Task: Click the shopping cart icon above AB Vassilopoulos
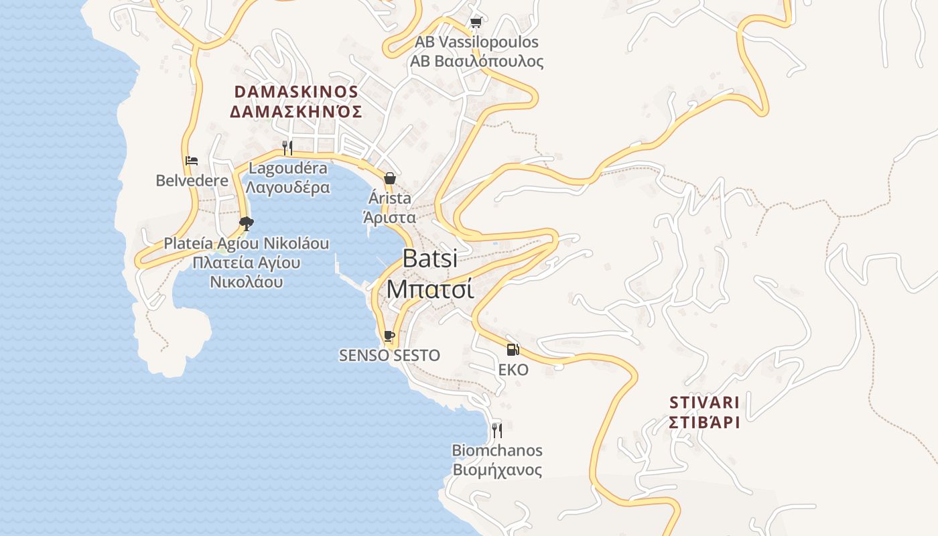click(x=476, y=23)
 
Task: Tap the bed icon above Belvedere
click(x=191, y=161)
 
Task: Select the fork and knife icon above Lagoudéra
click(x=287, y=147)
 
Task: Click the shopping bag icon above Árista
click(x=389, y=178)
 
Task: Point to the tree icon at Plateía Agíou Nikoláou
click(x=247, y=223)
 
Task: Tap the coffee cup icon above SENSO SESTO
click(x=389, y=336)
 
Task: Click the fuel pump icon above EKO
click(x=513, y=350)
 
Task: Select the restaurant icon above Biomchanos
click(x=496, y=429)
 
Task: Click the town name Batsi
click(x=430, y=258)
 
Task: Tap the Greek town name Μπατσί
click(x=430, y=289)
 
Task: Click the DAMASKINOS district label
click(x=296, y=92)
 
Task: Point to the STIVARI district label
click(x=704, y=403)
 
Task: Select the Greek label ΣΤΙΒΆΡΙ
click(x=704, y=423)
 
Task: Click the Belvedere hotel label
click(x=188, y=180)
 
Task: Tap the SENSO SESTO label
click(x=389, y=356)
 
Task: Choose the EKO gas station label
click(x=513, y=370)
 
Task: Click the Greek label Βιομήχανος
click(x=497, y=470)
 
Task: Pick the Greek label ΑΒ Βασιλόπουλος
click(x=476, y=62)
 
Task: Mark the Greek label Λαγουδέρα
click(x=288, y=188)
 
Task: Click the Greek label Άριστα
click(x=389, y=218)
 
